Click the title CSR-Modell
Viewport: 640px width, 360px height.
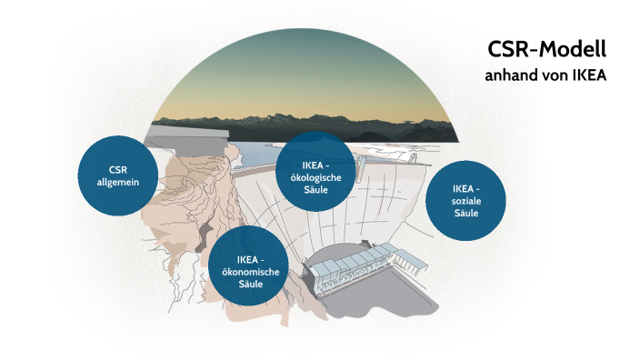(546, 50)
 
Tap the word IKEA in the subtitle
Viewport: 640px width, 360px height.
(588, 75)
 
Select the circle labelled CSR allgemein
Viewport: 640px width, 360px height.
(117, 175)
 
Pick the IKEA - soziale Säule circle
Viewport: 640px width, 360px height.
(465, 201)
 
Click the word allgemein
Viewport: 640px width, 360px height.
(117, 183)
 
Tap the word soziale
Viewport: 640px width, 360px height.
(465, 200)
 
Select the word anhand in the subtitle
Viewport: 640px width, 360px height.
(509, 75)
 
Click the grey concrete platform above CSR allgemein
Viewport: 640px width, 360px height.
(186, 136)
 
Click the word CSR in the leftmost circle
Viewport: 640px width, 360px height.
(117, 170)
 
